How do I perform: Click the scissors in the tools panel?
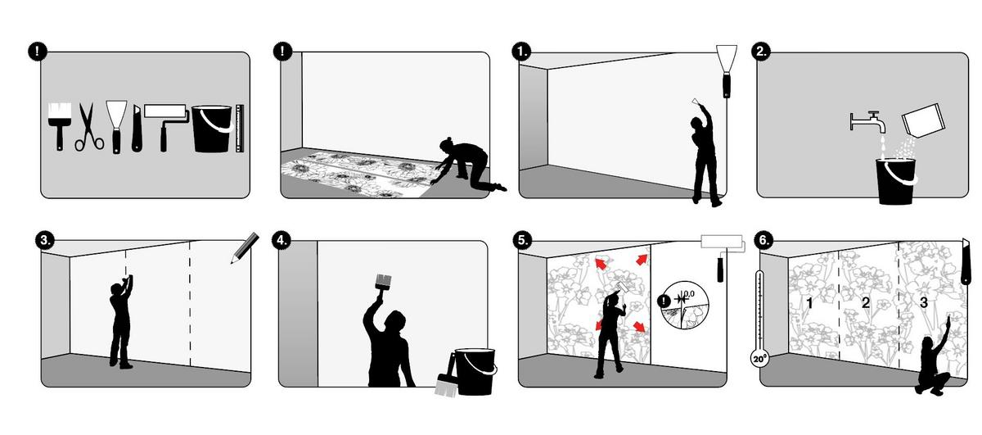pyautogui.click(x=88, y=127)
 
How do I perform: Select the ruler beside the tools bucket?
pyautogui.click(x=239, y=129)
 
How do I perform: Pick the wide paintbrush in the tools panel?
pyautogui.click(x=59, y=126)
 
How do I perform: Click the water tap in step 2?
pyautogui.click(x=868, y=121)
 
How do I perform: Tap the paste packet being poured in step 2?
pyautogui.click(x=922, y=120)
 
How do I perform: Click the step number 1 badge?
pyautogui.click(x=521, y=52)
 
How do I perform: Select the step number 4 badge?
pyautogui.click(x=282, y=240)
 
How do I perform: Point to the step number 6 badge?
pyautogui.click(x=764, y=240)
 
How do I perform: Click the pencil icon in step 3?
pyautogui.click(x=245, y=248)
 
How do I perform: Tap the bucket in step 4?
pyautogui.click(x=475, y=371)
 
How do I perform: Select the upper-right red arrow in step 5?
pyautogui.click(x=642, y=260)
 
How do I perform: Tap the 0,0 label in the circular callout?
pyautogui.click(x=688, y=293)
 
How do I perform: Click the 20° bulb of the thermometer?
pyautogui.click(x=759, y=358)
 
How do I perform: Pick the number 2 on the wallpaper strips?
pyautogui.click(x=865, y=302)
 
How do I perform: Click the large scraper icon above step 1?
pyautogui.click(x=727, y=70)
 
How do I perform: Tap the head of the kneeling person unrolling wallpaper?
pyautogui.click(x=448, y=144)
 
